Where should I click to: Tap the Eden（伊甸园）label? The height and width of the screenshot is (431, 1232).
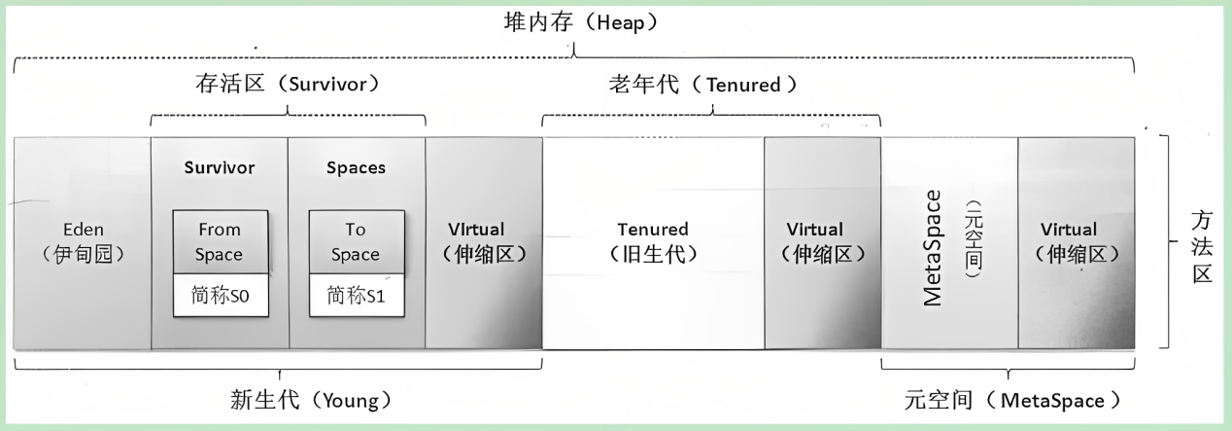pyautogui.click(x=83, y=242)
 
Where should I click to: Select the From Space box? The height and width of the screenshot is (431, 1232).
pyautogui.click(x=220, y=242)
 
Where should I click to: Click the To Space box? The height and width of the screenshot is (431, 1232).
pyautogui.click(x=356, y=242)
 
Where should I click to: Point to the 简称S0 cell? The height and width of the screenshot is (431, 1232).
pyautogui.click(x=220, y=296)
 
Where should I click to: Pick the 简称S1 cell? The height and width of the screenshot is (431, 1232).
pyautogui.click(x=356, y=296)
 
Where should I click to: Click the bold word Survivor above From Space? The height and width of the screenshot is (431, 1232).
pyautogui.click(x=220, y=167)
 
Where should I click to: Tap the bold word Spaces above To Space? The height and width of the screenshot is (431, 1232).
pyautogui.click(x=356, y=167)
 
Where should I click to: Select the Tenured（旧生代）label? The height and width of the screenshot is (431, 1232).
pyautogui.click(x=653, y=242)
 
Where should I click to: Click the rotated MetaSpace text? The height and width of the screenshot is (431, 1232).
pyautogui.click(x=932, y=247)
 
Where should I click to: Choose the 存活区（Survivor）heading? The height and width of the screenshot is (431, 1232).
pyautogui.click(x=288, y=85)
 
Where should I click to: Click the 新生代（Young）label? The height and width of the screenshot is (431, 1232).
pyautogui.click(x=310, y=400)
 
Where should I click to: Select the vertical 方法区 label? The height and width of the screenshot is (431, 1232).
pyautogui.click(x=1204, y=247)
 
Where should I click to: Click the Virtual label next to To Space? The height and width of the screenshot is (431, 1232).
pyautogui.click(x=483, y=242)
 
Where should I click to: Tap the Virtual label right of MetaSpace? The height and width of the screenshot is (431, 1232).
pyautogui.click(x=1076, y=242)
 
